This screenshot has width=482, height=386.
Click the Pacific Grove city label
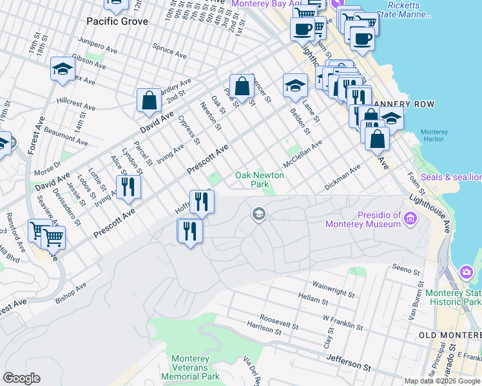click(x=117, y=21)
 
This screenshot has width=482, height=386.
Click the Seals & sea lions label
click(x=450, y=177)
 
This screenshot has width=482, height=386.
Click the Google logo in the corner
click(x=21, y=378)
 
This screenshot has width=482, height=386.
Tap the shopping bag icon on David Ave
click(x=149, y=100)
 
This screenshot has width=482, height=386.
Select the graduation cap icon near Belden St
click(x=295, y=85)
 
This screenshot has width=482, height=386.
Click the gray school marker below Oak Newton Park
click(x=259, y=214)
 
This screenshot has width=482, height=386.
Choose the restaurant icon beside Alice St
click(x=128, y=187)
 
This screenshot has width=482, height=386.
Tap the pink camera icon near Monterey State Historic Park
click(x=467, y=273)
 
